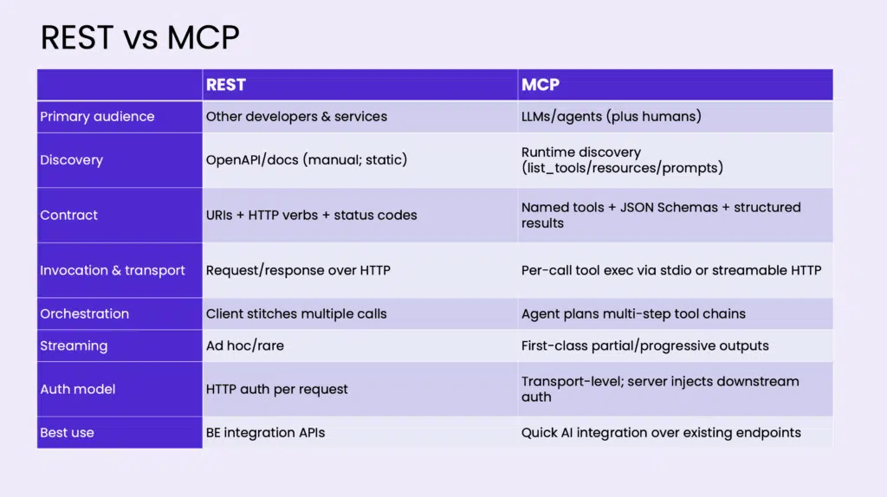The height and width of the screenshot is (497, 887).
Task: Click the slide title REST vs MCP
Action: pyautogui.click(x=139, y=38)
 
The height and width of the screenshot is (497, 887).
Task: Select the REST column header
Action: pyautogui.click(x=226, y=85)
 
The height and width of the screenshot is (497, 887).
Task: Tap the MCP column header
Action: pyautogui.click(x=541, y=85)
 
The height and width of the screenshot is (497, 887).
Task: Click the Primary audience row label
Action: pyautogui.click(x=97, y=117)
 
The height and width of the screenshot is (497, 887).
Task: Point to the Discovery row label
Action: pyautogui.click(x=71, y=160)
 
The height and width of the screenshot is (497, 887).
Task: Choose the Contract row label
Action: pyautogui.click(x=68, y=215)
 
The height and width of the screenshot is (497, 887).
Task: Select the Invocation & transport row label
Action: pyautogui.click(x=112, y=270)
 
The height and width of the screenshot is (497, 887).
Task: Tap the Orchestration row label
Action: pyautogui.click(x=84, y=313)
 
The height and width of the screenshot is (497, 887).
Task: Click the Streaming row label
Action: pyautogui.click(x=74, y=346)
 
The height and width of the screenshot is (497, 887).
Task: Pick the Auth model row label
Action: pyautogui.click(x=77, y=389)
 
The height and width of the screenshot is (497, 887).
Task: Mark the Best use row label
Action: pyautogui.click(x=67, y=433)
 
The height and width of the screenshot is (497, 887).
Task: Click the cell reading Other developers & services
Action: pyautogui.click(x=296, y=117)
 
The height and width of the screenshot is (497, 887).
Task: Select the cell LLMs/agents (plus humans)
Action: pyautogui.click(x=611, y=117)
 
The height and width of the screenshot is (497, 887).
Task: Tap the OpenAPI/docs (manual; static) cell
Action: pyautogui.click(x=307, y=160)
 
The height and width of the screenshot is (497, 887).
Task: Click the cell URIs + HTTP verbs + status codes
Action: pyautogui.click(x=311, y=215)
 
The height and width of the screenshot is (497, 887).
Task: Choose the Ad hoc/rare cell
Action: pyautogui.click(x=245, y=346)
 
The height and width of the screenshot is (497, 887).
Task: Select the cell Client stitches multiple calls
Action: pyautogui.click(x=296, y=313)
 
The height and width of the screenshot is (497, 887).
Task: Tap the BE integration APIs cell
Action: pyautogui.click(x=265, y=433)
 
